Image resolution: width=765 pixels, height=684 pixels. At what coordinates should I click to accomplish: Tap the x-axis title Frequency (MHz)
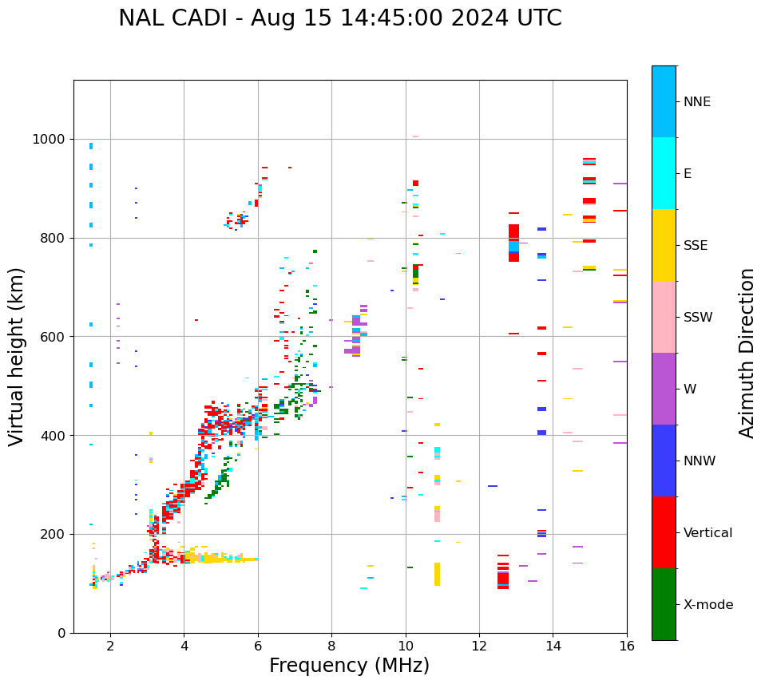pos(349,666)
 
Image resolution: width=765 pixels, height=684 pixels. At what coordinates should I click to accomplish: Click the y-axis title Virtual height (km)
pos(17,356)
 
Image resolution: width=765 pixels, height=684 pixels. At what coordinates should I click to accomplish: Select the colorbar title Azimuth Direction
pos(747,352)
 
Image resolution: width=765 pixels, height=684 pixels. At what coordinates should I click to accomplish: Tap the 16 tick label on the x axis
pos(627,646)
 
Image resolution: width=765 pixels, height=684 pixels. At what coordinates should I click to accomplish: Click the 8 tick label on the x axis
pos(331,646)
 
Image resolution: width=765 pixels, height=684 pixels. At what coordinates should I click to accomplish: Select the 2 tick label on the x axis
pos(110,646)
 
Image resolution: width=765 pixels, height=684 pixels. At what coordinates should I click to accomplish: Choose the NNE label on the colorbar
pos(696,102)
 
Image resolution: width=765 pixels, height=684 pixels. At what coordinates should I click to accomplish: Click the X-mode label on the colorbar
pos(708,605)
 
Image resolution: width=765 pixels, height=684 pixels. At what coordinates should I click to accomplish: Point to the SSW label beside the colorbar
pos(698,318)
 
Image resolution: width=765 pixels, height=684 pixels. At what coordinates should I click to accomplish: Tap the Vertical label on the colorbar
pos(708,533)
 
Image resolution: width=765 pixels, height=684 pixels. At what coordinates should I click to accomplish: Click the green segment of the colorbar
pos(664,604)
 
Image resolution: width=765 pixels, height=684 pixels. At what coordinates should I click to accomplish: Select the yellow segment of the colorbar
pos(664,245)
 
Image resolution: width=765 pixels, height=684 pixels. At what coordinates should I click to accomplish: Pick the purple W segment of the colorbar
pos(664,389)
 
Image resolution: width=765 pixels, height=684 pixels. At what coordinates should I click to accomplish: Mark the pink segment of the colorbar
pos(664,317)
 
